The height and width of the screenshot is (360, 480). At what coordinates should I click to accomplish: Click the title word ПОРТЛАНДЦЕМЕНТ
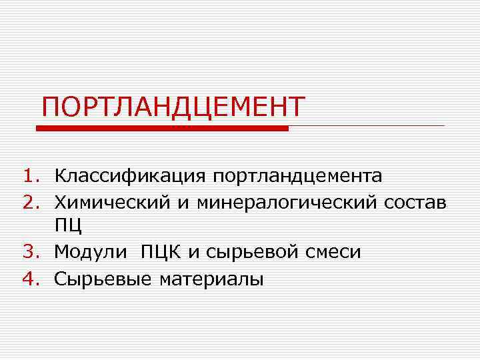(x=173, y=107)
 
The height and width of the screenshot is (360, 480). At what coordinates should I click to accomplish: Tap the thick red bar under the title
(x=162, y=128)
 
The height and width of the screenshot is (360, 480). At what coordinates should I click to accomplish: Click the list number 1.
(x=31, y=177)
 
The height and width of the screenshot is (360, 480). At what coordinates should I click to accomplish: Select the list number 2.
(x=31, y=201)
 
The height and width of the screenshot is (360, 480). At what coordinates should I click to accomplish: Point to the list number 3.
(x=31, y=252)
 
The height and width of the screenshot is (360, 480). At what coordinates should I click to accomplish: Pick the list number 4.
(x=31, y=277)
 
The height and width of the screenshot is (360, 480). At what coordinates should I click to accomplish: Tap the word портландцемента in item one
(x=297, y=177)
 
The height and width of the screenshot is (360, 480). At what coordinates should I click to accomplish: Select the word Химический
(x=113, y=201)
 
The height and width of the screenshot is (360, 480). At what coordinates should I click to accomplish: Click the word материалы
(x=212, y=279)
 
